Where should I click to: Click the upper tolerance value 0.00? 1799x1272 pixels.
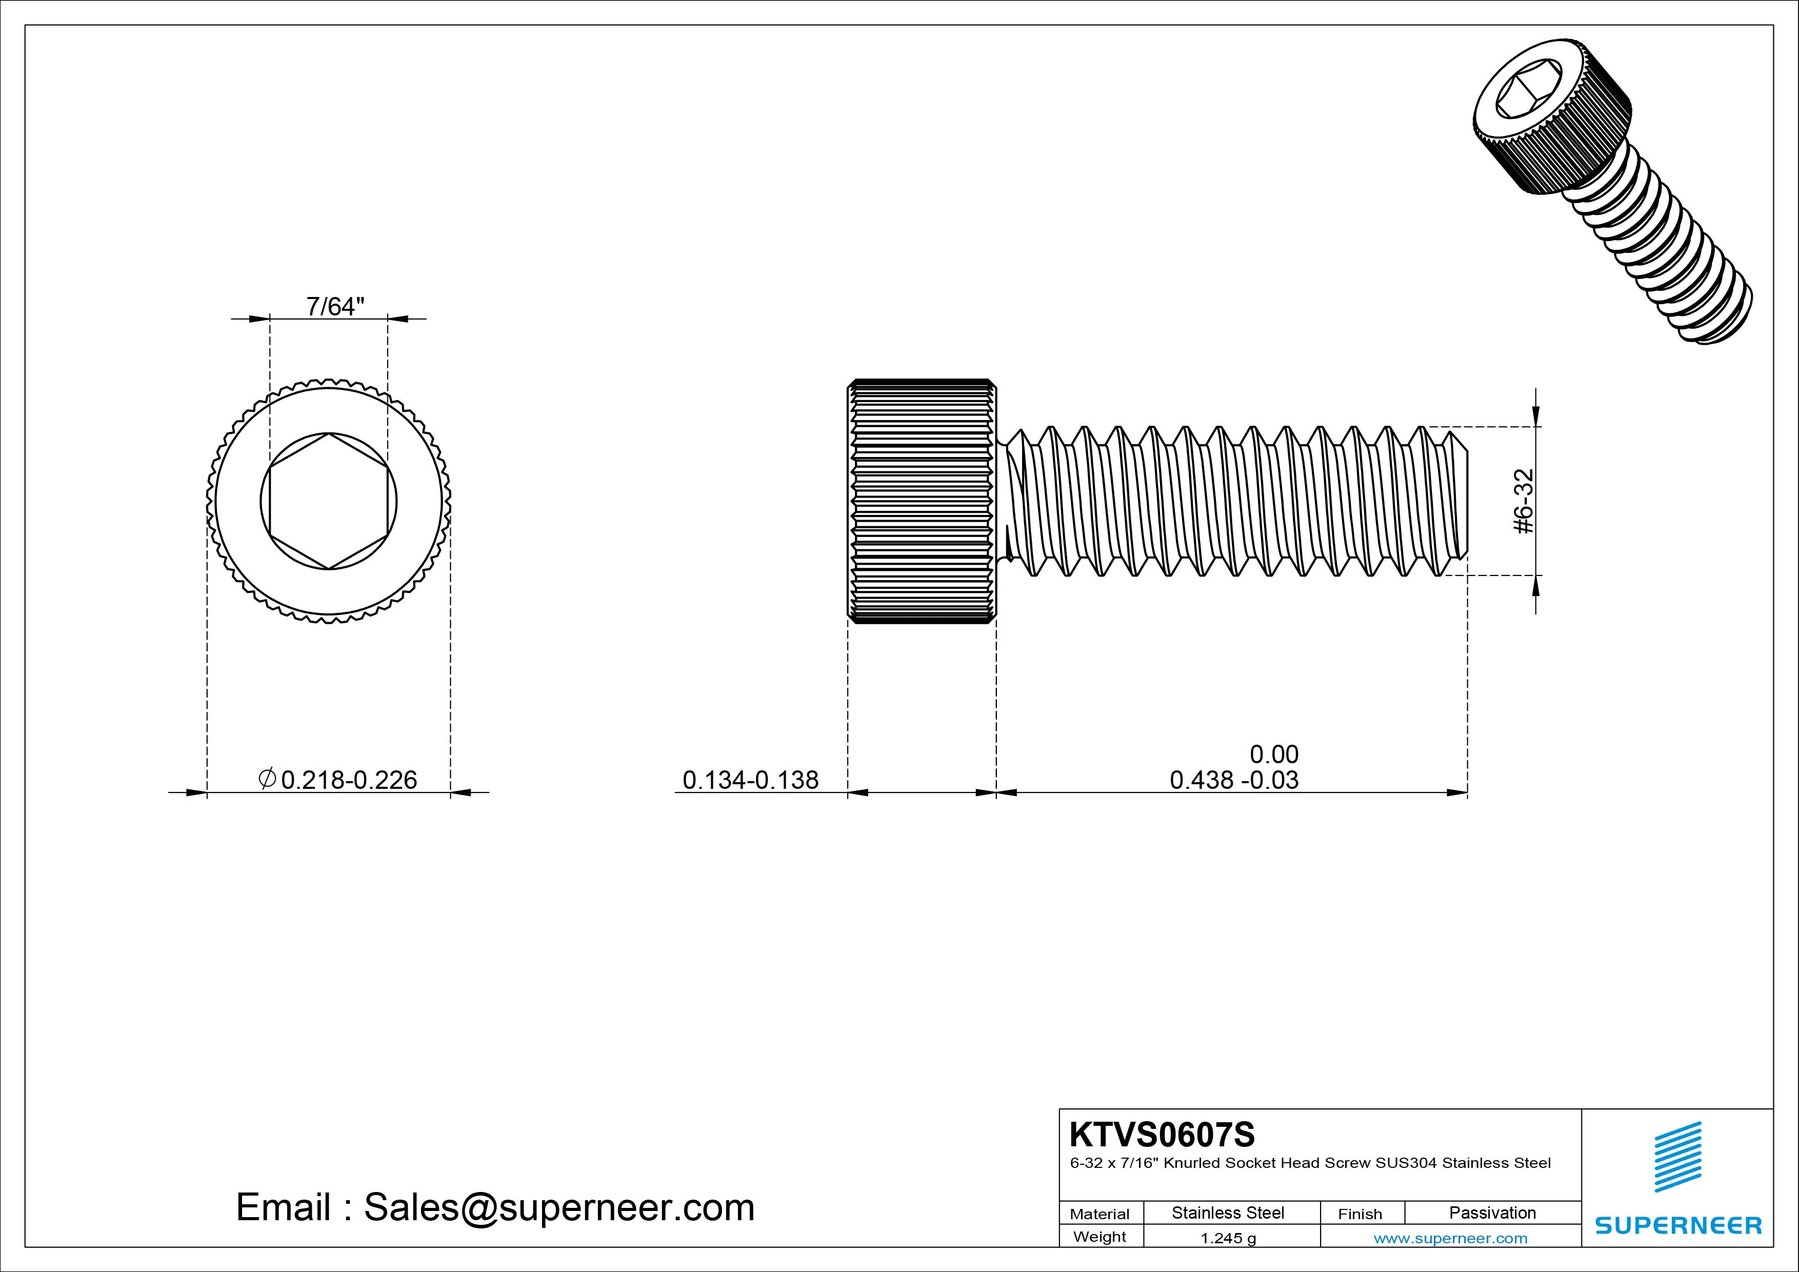coord(1273,754)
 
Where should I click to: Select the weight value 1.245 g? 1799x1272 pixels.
coord(1228,1238)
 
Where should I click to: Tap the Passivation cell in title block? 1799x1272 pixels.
coord(1492,1213)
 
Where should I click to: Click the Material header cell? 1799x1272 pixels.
coord(1100,1214)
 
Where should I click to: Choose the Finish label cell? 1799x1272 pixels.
coord(1360,1214)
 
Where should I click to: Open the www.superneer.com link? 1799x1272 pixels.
coord(1450,1238)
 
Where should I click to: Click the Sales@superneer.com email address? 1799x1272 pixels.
coord(558,1208)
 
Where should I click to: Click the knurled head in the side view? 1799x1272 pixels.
coord(922,502)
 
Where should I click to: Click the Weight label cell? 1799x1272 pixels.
coord(1100,1237)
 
